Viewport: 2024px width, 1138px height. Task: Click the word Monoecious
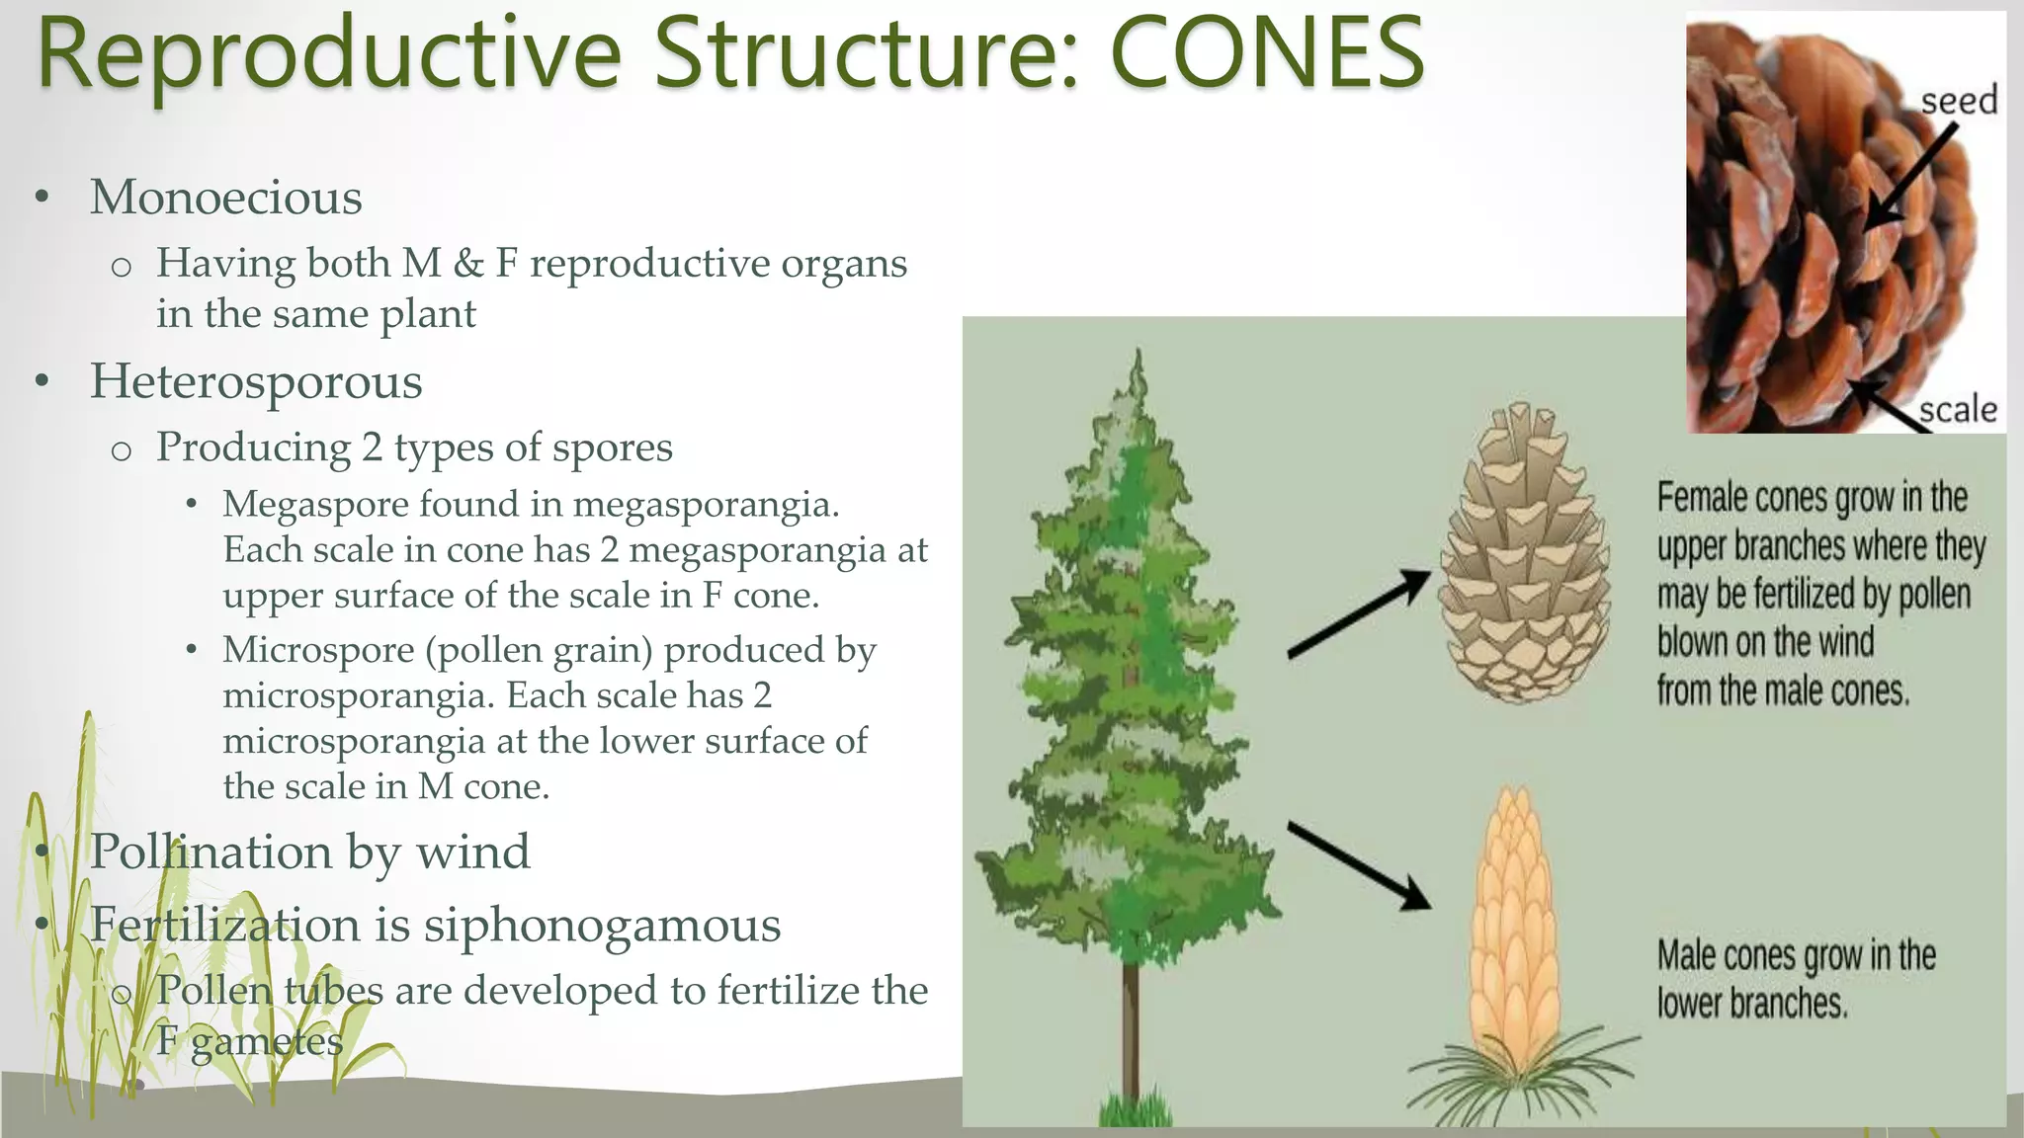point(226,197)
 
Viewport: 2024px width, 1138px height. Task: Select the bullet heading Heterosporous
point(256,381)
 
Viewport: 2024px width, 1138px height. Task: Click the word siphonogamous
point(602,926)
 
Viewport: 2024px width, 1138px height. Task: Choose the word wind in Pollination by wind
point(473,852)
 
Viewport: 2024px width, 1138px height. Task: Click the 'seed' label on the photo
point(1958,101)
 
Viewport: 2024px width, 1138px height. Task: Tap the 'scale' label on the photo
point(1957,409)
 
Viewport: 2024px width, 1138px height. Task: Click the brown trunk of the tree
point(1133,1027)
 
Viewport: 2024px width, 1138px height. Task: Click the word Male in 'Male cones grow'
point(1687,956)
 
